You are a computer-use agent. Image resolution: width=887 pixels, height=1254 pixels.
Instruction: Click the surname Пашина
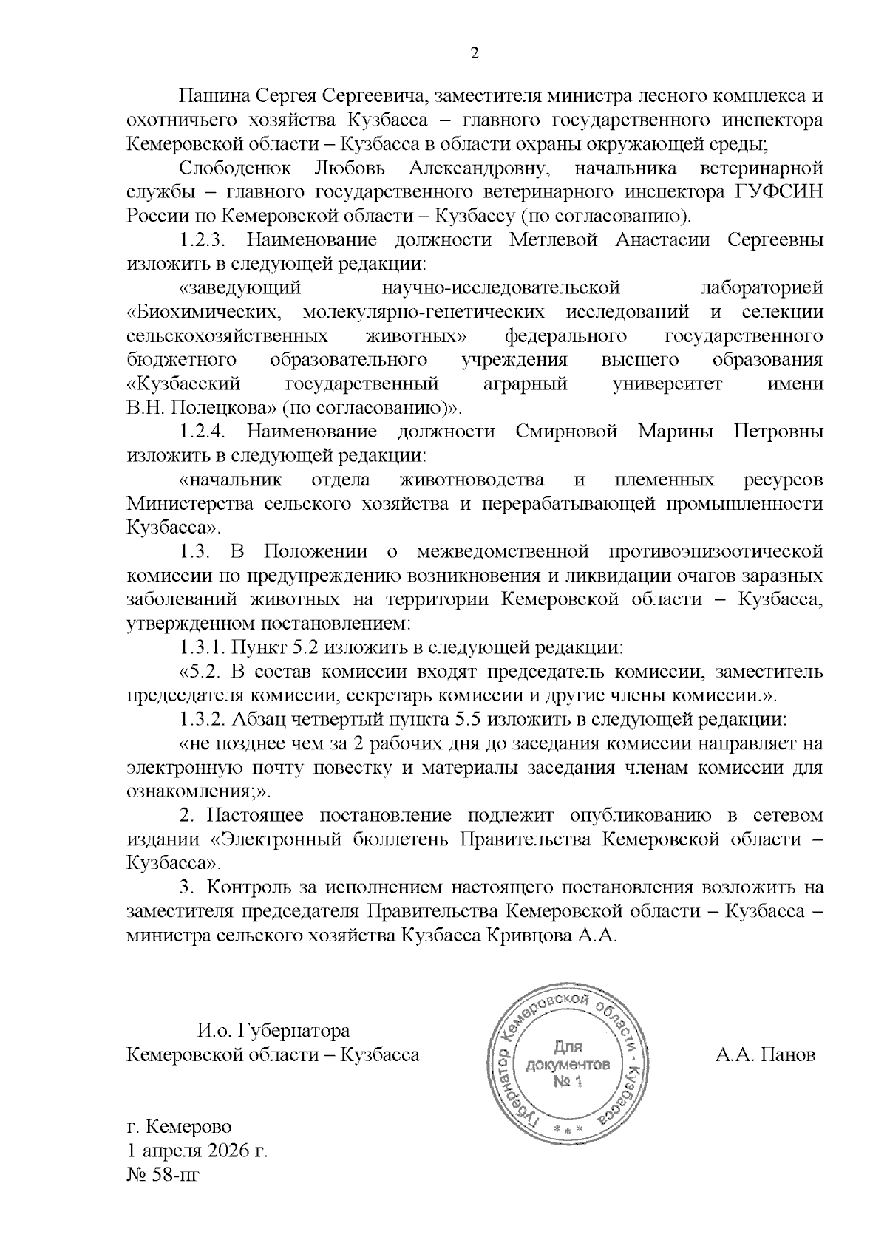tap(212, 97)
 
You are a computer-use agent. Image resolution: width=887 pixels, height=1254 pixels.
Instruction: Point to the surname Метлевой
tap(554, 241)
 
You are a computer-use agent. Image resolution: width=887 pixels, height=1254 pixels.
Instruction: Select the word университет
tap(678, 384)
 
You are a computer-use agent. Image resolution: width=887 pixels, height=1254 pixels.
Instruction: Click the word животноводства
tap(471, 480)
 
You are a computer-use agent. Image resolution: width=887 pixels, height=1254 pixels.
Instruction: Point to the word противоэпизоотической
tap(716, 552)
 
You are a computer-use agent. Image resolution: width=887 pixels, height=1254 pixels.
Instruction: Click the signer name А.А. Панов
tap(765, 1054)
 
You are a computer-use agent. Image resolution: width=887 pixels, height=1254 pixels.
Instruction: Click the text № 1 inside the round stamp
tap(568, 1082)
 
